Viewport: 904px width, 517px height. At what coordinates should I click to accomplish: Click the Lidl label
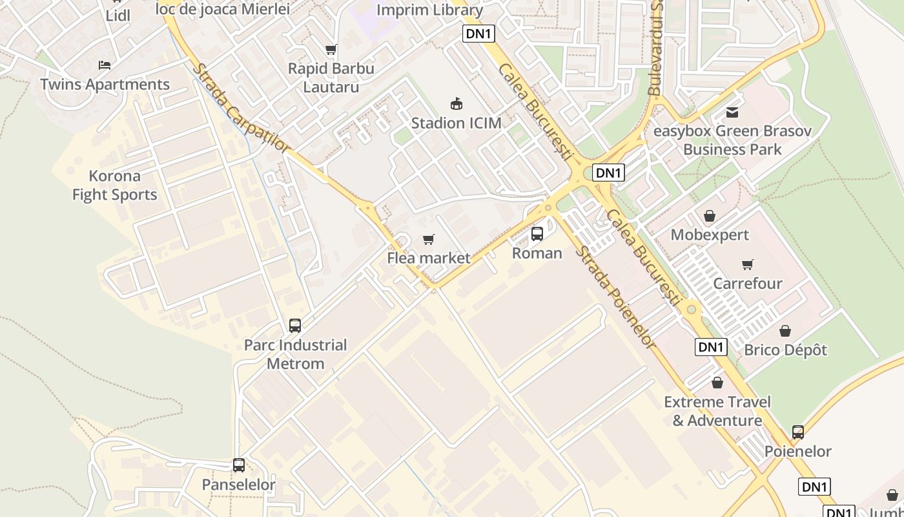point(118,16)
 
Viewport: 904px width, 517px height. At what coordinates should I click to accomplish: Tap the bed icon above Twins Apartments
point(105,65)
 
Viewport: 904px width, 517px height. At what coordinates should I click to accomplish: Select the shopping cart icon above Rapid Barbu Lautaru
point(331,50)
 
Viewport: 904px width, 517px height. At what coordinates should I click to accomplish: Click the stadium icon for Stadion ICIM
point(457,103)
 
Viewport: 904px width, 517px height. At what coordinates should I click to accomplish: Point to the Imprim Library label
point(429,10)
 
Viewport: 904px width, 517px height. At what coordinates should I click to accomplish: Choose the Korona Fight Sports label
point(115,185)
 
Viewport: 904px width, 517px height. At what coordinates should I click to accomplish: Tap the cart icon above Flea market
point(428,240)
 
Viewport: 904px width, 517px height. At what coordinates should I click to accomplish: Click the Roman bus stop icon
point(537,234)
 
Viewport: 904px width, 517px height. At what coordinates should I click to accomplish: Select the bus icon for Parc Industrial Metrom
point(295,326)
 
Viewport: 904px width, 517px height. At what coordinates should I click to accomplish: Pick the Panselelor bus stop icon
point(239,465)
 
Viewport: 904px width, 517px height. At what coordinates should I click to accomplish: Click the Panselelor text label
point(239,485)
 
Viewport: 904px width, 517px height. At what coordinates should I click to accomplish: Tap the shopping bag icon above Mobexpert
point(710,216)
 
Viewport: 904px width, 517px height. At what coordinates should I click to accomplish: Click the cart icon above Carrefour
point(748,264)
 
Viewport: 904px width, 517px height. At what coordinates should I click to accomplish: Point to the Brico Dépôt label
point(785,350)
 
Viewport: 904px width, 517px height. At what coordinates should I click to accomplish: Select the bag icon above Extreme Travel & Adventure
point(717,383)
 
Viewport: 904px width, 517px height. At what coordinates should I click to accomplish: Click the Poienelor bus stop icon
point(798,432)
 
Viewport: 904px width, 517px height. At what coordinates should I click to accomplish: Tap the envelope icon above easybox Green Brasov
point(732,112)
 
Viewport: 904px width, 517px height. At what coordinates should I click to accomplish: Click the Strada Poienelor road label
point(615,297)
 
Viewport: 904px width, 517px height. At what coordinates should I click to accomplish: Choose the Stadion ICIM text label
point(457,123)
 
